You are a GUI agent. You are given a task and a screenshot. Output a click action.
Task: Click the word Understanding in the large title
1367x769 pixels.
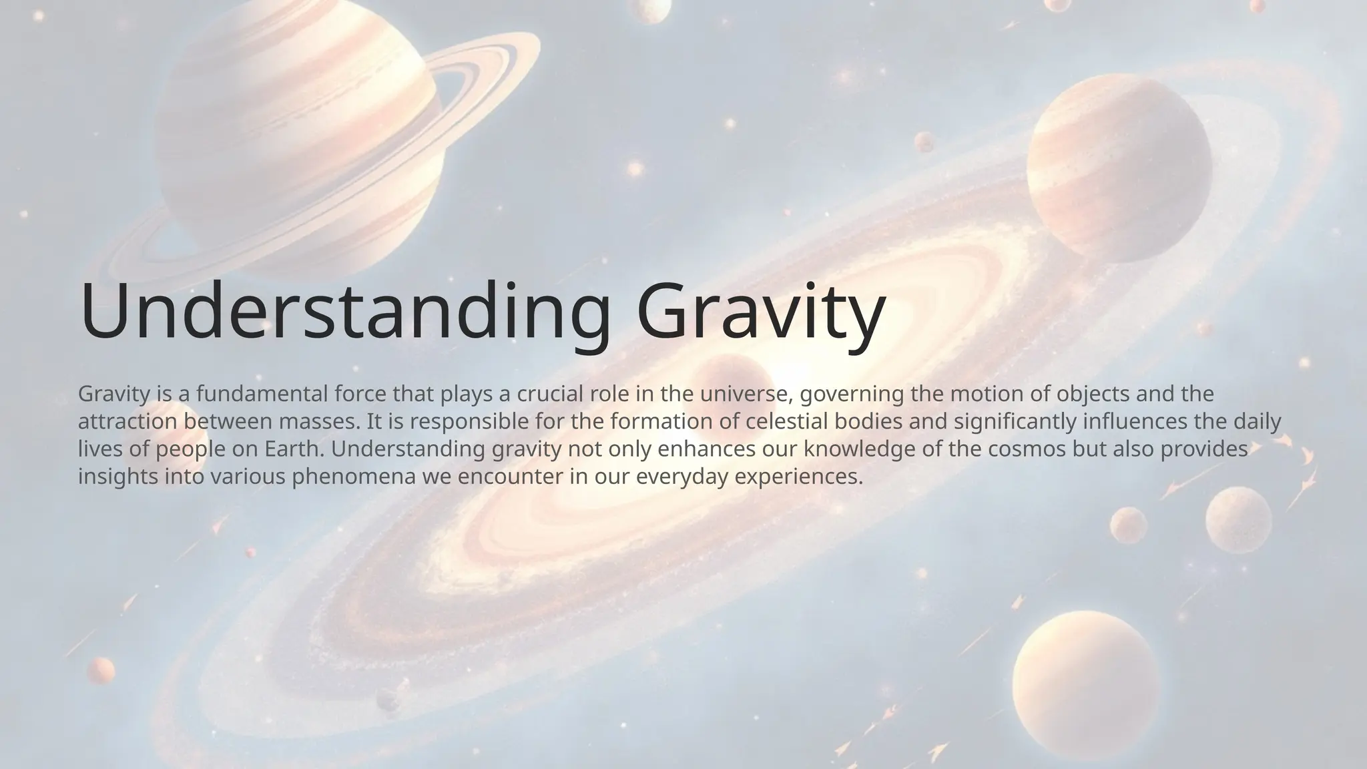click(x=344, y=312)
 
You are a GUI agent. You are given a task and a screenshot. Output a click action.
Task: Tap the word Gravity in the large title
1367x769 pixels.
click(x=761, y=312)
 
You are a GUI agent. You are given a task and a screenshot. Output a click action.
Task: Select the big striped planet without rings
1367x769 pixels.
click(x=1119, y=167)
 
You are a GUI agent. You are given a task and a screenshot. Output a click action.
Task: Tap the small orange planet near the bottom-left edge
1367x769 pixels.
click(x=101, y=670)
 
